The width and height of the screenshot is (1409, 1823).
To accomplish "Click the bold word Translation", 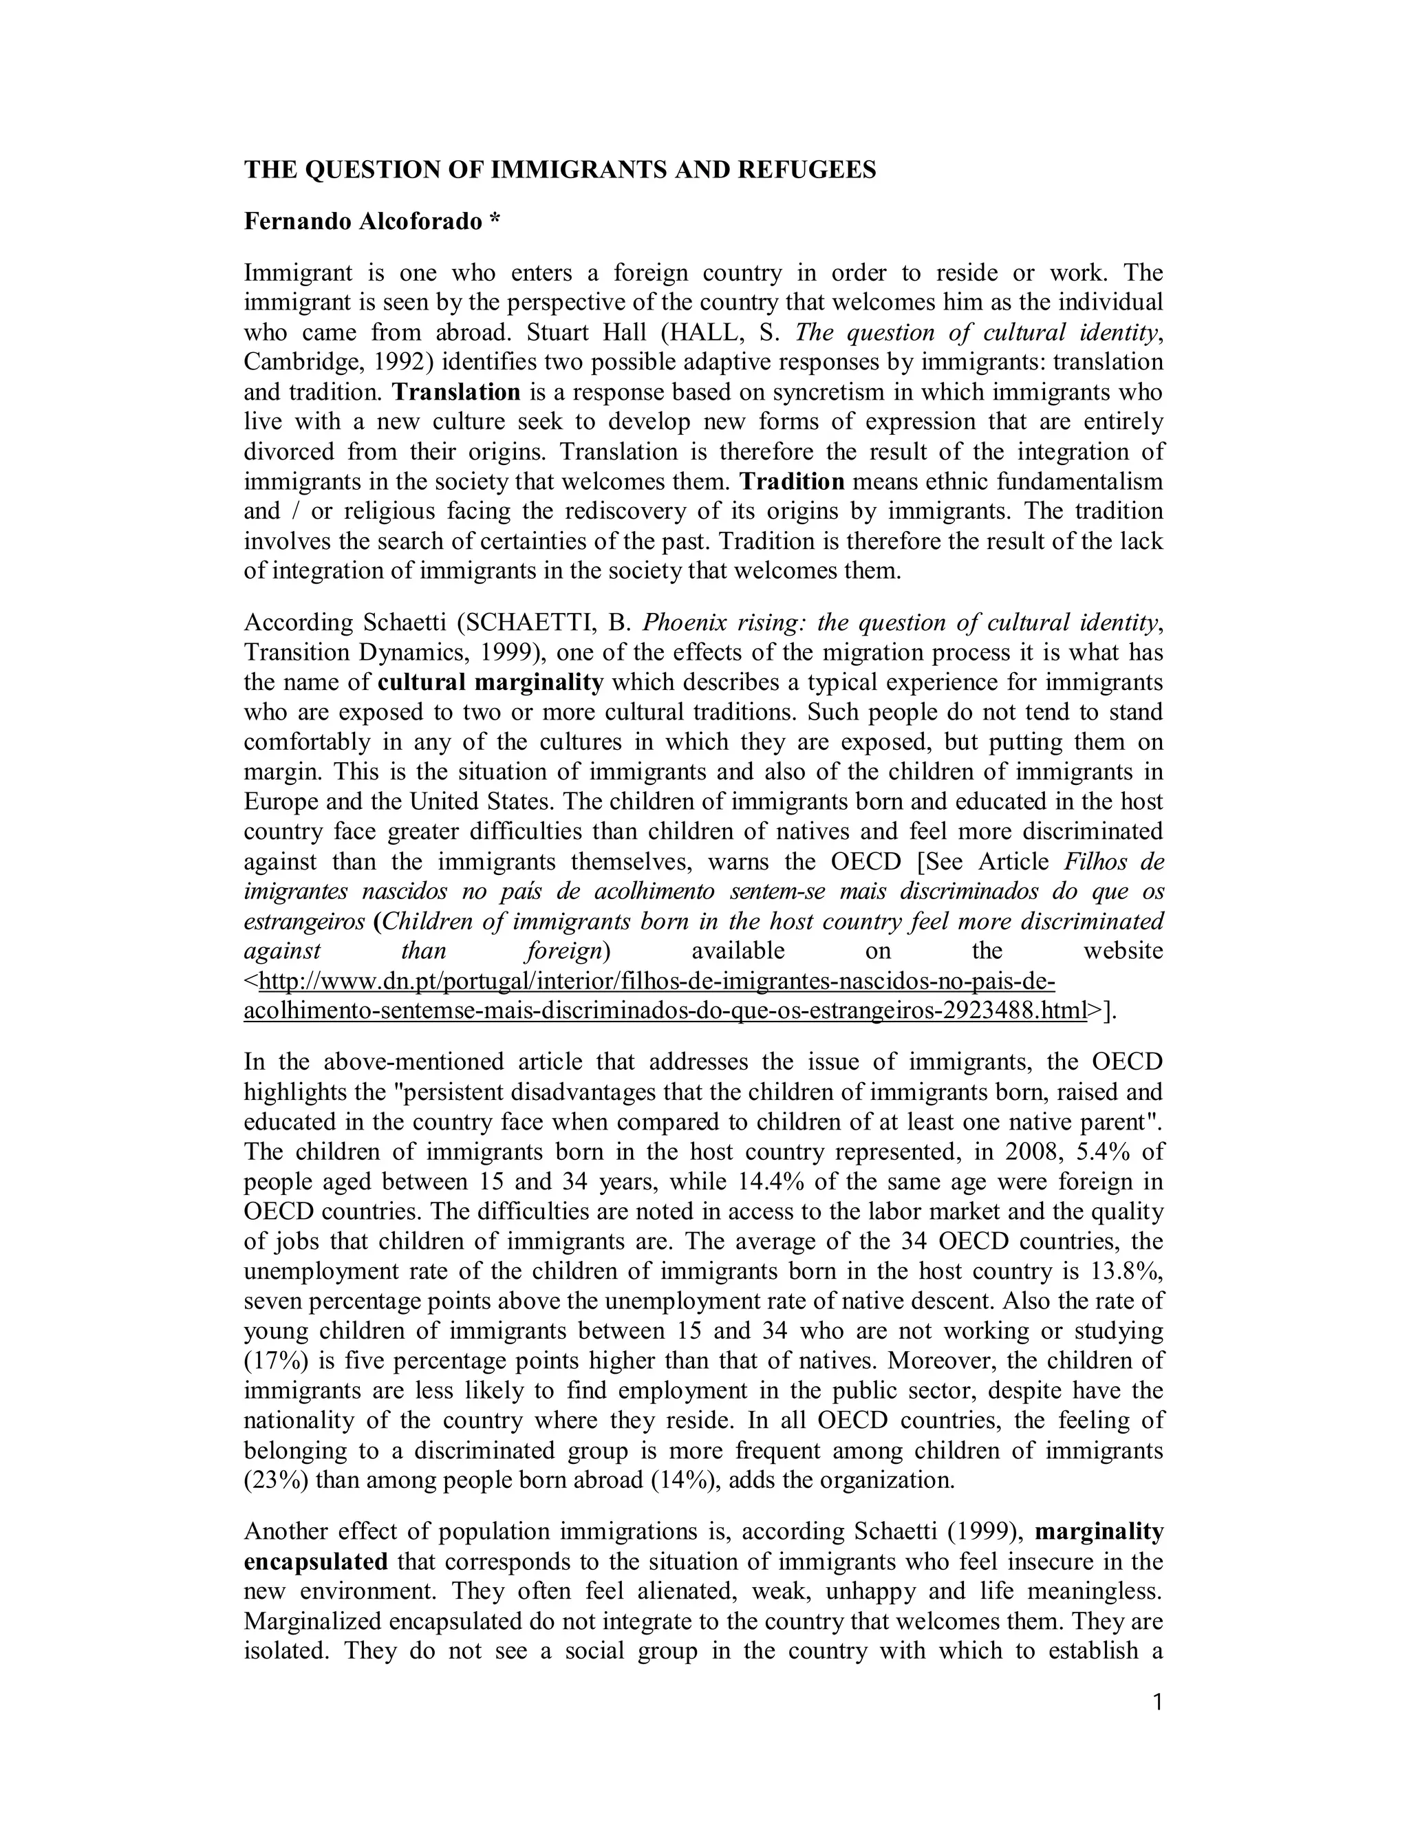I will [x=457, y=391].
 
